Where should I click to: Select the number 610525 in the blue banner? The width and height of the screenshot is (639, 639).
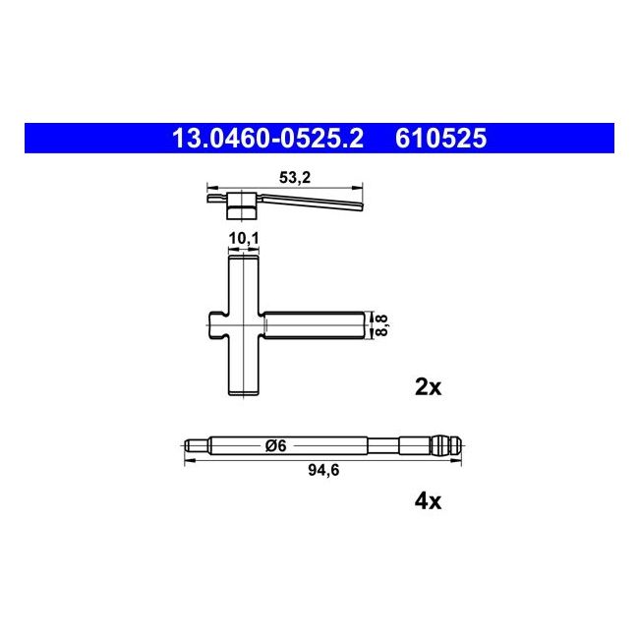[x=440, y=140]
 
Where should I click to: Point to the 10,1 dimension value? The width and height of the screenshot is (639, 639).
[x=243, y=239]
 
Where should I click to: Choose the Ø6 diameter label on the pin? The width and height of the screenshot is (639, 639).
[x=275, y=446]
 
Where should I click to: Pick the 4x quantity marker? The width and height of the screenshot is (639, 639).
[x=429, y=501]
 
